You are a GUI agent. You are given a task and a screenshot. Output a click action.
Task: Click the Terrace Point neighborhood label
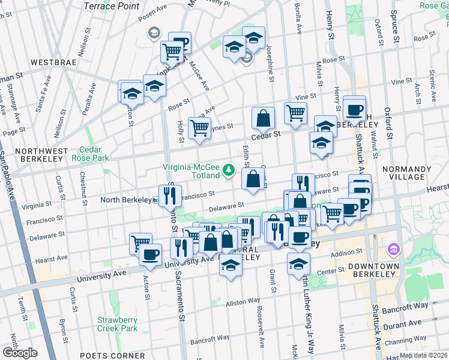tap(112, 6)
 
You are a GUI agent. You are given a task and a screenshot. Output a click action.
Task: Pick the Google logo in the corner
tap(20, 353)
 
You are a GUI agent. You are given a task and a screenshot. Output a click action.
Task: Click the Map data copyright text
tap(424, 355)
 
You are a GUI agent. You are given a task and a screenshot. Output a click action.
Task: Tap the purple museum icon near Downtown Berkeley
tap(394, 248)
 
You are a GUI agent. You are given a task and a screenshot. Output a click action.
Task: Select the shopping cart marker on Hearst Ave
tap(140, 242)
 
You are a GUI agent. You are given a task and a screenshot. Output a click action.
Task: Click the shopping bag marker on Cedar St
tap(263, 118)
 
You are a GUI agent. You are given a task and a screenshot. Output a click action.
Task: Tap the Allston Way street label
tap(243, 300)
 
